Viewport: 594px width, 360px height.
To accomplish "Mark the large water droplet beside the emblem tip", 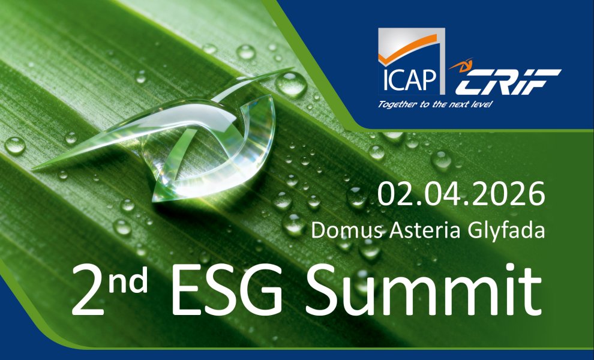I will tap(291, 84).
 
